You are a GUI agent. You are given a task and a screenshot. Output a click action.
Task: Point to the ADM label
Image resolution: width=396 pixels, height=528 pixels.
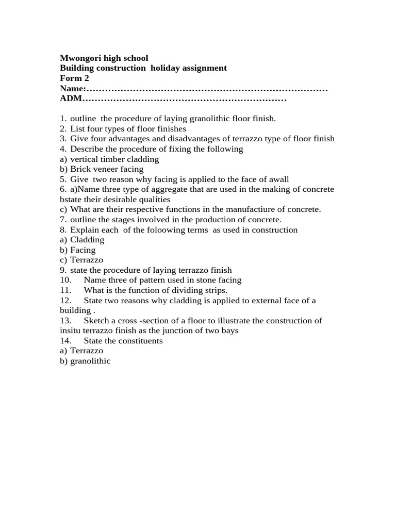(x=71, y=98)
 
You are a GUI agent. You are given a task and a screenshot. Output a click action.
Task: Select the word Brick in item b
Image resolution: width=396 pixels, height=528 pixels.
(x=81, y=169)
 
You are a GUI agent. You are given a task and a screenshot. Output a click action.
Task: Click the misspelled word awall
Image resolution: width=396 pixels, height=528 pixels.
(x=278, y=179)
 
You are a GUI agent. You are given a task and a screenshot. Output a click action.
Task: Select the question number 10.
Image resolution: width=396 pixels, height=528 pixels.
(x=65, y=280)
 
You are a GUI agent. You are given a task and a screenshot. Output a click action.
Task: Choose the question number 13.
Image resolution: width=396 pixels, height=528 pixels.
(x=65, y=321)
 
